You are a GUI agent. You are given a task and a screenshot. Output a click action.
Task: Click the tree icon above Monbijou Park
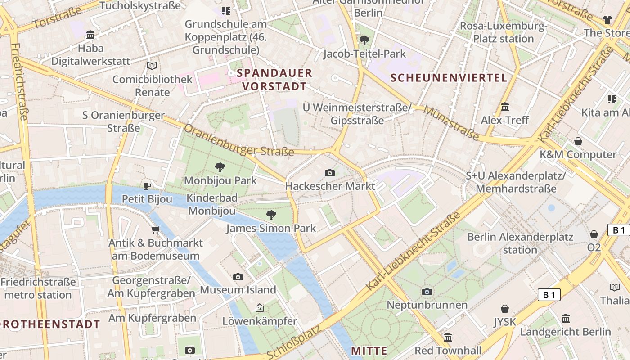(220, 167)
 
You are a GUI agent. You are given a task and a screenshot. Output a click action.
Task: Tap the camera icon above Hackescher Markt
(329, 173)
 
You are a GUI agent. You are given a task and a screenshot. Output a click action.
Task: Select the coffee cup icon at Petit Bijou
(147, 185)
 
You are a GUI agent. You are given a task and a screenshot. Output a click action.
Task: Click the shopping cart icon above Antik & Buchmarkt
(156, 230)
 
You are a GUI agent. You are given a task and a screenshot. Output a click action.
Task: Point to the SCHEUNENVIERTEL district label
(449, 78)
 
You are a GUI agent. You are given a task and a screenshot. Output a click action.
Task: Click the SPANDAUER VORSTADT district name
(274, 80)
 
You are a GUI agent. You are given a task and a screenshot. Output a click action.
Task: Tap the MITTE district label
(369, 351)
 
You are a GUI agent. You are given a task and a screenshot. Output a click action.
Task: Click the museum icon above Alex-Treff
(505, 107)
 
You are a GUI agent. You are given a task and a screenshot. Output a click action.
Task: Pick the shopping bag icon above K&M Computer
(578, 141)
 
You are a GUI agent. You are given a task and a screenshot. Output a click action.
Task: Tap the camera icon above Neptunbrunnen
(427, 292)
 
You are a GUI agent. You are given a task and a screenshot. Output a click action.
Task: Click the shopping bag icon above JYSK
(505, 309)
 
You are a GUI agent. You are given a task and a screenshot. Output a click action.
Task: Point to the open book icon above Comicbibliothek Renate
(152, 66)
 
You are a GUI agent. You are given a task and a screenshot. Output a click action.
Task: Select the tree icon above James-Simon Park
(271, 215)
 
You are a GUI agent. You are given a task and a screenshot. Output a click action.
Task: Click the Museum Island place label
(238, 290)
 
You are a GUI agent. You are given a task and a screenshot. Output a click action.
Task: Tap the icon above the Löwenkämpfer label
(259, 308)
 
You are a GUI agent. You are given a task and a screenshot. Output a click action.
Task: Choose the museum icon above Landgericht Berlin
(566, 319)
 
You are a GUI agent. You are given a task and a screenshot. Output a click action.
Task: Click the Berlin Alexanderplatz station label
(520, 243)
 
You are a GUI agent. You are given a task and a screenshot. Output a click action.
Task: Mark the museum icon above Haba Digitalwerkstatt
(90, 35)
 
